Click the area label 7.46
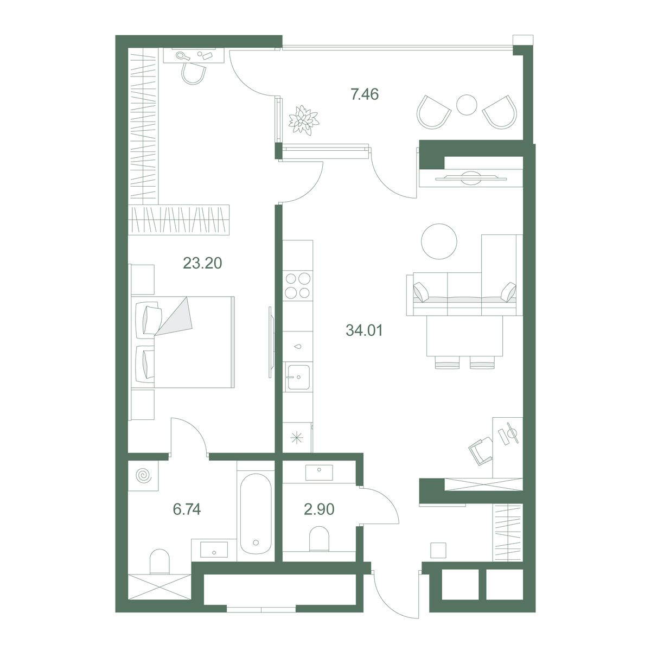pos(365,94)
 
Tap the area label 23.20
pos(202,263)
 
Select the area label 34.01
pos(364,330)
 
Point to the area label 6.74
pos(187,509)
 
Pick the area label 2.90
pos(319,509)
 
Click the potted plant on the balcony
pos(303,120)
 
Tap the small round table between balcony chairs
pos(467,105)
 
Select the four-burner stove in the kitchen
pos(298,286)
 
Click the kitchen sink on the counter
pos(298,378)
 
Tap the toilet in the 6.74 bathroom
pos(159,561)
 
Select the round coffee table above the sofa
pos(439,241)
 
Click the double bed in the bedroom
pos(183,342)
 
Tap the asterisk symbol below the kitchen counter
pos(297,438)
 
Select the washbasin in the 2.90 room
pos(319,473)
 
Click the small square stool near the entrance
pos(438,550)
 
